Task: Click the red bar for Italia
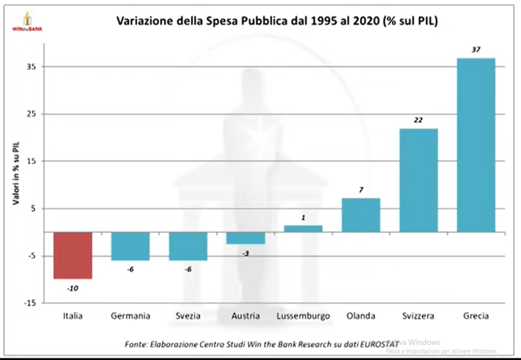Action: tap(73, 256)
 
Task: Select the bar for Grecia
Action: tap(476, 145)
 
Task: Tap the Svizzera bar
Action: tap(418, 181)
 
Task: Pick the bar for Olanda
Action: tap(361, 215)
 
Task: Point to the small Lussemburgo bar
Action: tap(303, 229)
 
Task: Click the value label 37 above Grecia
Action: tap(476, 49)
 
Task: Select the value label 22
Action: tap(418, 120)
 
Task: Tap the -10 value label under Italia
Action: tap(73, 288)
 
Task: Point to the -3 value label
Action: tap(246, 253)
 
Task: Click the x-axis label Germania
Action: tap(131, 316)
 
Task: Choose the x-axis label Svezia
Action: tap(188, 316)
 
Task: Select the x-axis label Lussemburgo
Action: tap(303, 316)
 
